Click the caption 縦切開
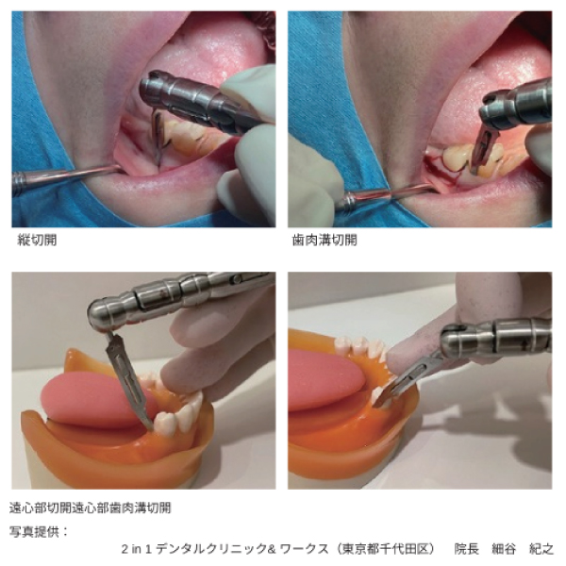pyautogui.click(x=37, y=240)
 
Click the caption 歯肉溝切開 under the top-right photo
pyautogui.click(x=325, y=240)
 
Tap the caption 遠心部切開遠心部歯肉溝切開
pyautogui.click(x=90, y=508)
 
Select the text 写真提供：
pyautogui.click(x=39, y=531)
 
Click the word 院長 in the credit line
pyautogui.click(x=466, y=549)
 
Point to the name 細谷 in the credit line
pyautogui.click(x=504, y=549)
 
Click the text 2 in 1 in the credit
pyautogui.click(x=136, y=549)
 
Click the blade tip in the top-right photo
pyautogui.click(x=473, y=170)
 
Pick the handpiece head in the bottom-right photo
pyautogui.click(x=458, y=341)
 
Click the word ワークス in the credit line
pyautogui.click(x=304, y=549)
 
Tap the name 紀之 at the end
pyautogui.click(x=541, y=549)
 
